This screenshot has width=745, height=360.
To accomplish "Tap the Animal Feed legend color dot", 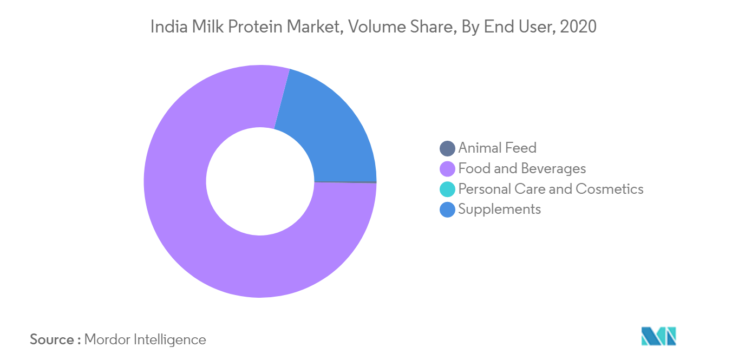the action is point(447,148).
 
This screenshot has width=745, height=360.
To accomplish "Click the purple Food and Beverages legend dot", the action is point(447,169).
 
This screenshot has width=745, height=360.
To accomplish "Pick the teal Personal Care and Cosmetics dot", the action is point(447,189).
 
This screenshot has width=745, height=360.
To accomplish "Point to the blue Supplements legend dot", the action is point(447,210).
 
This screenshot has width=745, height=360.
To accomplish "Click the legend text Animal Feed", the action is point(498,148).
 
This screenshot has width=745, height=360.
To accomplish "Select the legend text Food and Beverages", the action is point(522,168).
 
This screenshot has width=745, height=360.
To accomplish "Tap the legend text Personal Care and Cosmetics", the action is point(551,189).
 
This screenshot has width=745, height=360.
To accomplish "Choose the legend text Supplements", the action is point(500,210).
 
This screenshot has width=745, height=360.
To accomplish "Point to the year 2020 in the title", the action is point(578,27).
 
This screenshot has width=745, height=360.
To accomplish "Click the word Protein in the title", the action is point(255,27).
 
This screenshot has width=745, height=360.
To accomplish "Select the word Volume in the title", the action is point(377,27).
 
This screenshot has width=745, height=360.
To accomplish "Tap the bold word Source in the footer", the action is point(52,339).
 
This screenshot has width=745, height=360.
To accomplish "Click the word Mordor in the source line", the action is point(107,339).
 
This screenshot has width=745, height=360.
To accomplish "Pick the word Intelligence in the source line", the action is point(170,340).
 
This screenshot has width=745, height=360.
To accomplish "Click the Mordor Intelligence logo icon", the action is point(658,336).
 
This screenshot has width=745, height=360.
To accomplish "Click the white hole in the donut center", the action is point(260,181).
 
